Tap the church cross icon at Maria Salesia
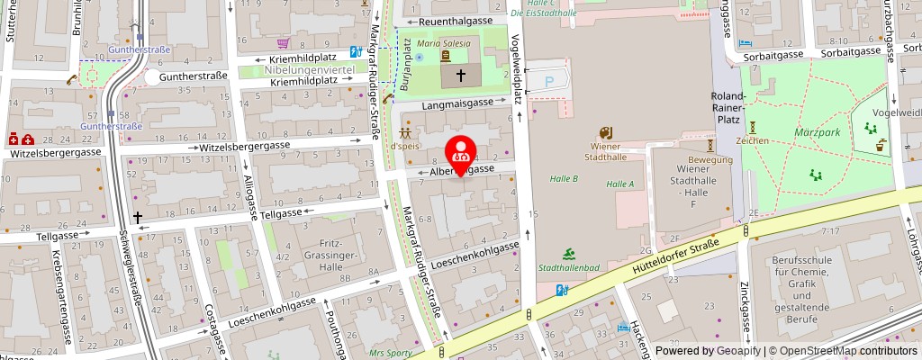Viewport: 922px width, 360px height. pos(461,76)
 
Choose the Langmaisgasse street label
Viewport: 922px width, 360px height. pos(456,103)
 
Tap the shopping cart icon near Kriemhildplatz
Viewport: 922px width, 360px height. pos(283,42)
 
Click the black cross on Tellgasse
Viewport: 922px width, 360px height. pos(138,216)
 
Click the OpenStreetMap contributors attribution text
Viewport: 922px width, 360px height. pos(842,351)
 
